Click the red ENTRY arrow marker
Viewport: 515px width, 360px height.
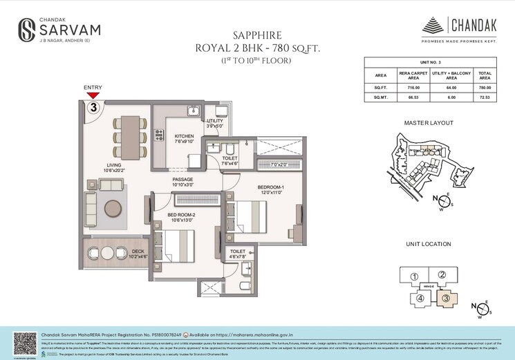coord(93,95)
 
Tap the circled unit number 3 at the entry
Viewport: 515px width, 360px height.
coord(92,108)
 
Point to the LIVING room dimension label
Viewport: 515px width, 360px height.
coord(115,168)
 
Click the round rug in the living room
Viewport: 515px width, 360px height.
coord(114,207)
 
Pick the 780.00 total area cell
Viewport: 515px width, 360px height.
coord(485,88)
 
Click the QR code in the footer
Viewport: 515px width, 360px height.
coord(25,343)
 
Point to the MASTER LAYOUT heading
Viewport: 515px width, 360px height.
coord(429,123)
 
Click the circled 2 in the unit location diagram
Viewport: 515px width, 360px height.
coord(442,275)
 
